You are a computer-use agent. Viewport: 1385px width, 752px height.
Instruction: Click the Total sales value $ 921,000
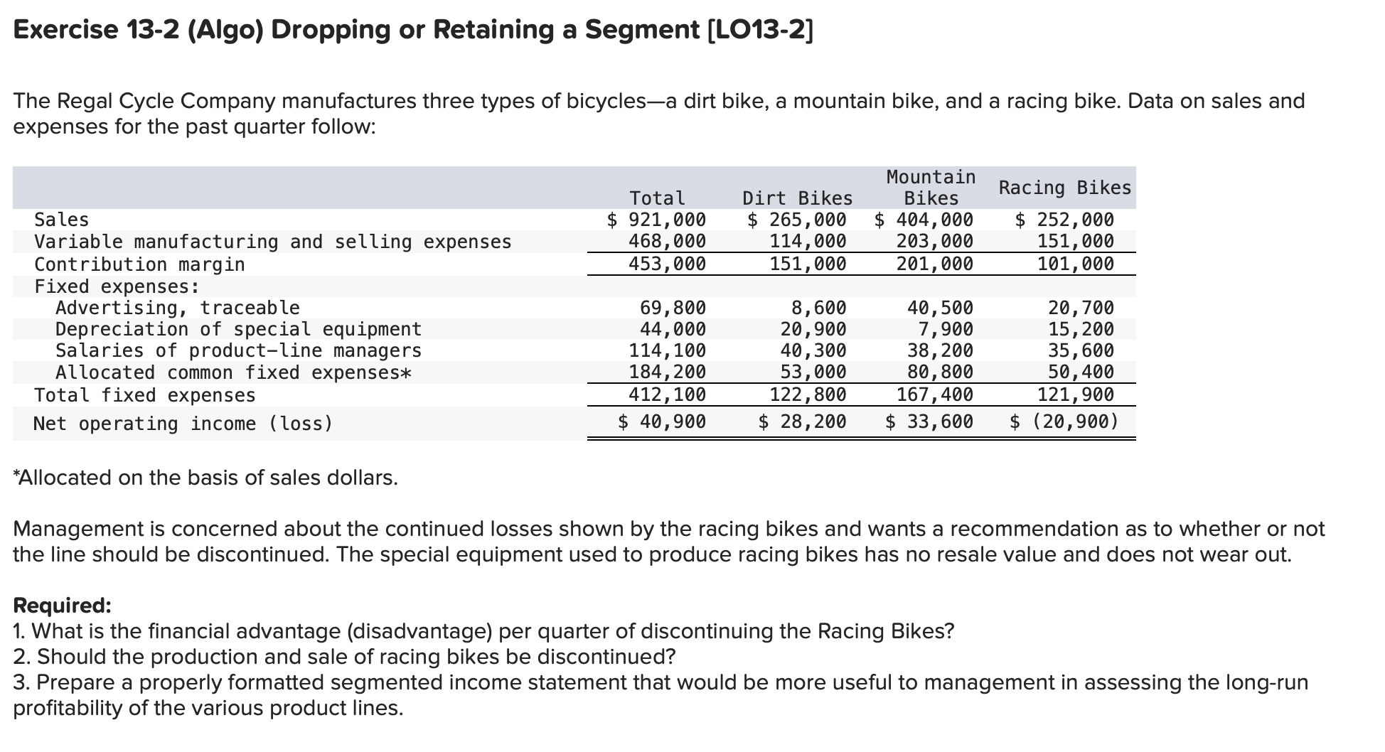(x=656, y=220)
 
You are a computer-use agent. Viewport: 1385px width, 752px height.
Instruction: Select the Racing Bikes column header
(x=1064, y=188)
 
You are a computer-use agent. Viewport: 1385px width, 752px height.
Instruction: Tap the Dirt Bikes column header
(x=797, y=198)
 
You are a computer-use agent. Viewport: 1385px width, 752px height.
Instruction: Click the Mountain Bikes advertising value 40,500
(x=940, y=308)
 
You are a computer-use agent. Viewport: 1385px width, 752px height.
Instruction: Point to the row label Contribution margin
(x=140, y=264)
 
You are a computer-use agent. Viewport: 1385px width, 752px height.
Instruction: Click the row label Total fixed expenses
(x=145, y=395)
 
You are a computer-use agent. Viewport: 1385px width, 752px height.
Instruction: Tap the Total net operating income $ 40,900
(x=661, y=422)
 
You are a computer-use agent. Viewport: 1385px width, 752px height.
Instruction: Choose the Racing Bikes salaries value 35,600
(x=1081, y=350)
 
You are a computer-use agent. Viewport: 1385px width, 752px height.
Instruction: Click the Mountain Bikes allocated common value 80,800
(x=940, y=372)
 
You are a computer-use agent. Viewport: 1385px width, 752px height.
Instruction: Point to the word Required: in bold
(x=63, y=606)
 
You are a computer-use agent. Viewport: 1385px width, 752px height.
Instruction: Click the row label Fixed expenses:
(x=117, y=286)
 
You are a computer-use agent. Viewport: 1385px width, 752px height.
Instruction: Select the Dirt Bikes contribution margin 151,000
(x=808, y=264)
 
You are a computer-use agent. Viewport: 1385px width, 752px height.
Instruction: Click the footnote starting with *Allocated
(x=205, y=478)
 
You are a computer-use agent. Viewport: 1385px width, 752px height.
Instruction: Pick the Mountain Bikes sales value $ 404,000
(x=924, y=220)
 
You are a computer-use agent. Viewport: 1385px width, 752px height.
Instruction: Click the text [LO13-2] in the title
(x=760, y=30)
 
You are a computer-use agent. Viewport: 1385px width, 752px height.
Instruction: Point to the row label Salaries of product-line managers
(x=238, y=350)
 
